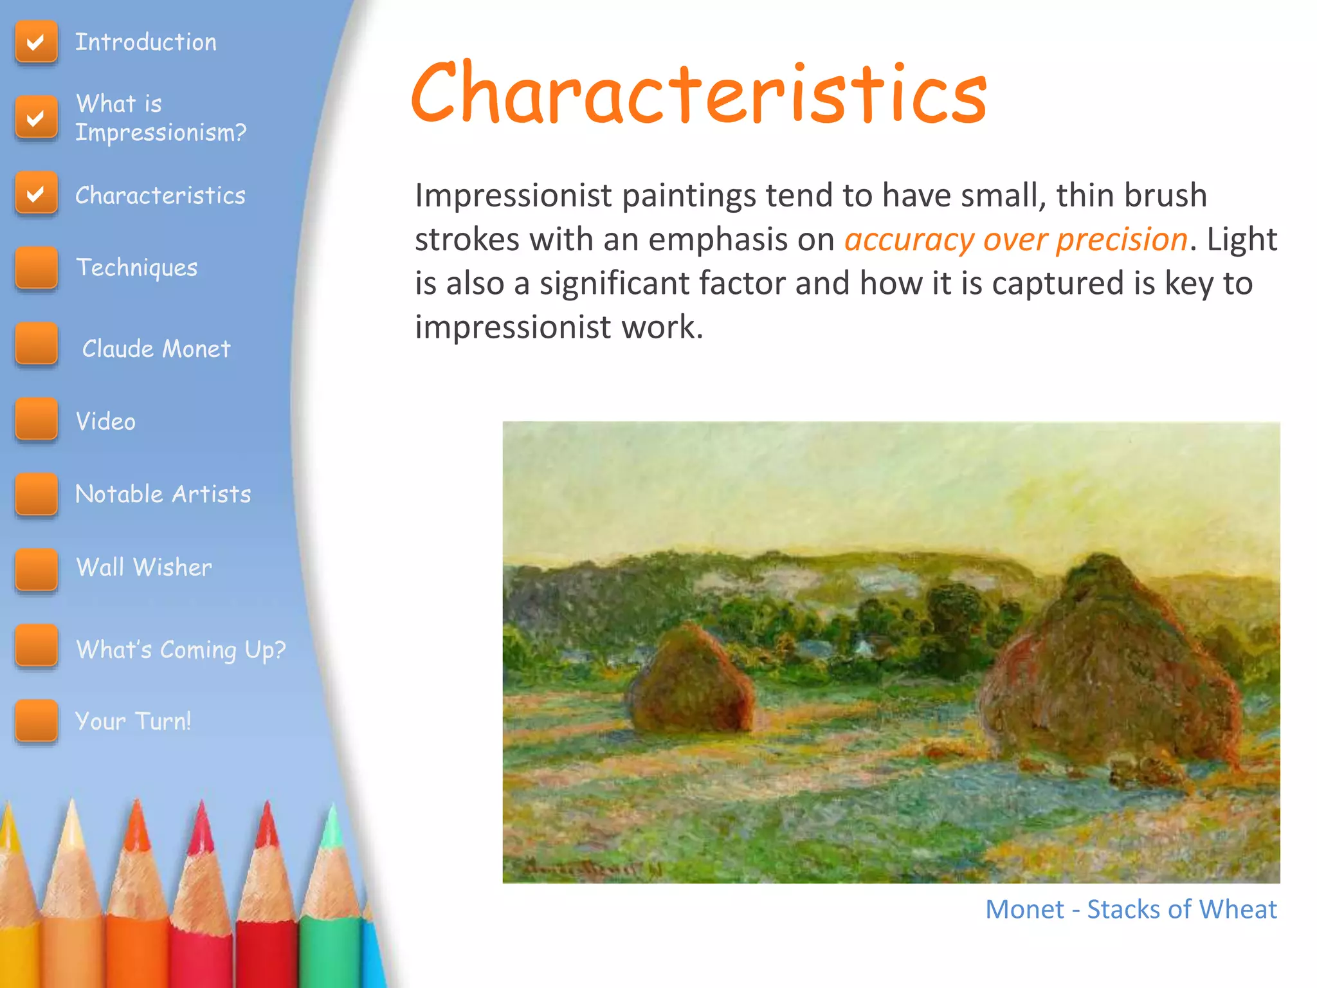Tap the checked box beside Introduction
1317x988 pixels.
pyautogui.click(x=36, y=42)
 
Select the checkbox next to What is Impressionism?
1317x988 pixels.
pyautogui.click(x=36, y=118)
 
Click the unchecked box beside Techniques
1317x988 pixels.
pyautogui.click(x=36, y=268)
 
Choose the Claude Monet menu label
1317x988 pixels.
pyautogui.click(x=156, y=349)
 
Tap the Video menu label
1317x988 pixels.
pyautogui.click(x=106, y=421)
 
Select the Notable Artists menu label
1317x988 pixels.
pyautogui.click(x=163, y=494)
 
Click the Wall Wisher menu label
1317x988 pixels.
pyautogui.click(x=144, y=567)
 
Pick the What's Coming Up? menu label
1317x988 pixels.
pyautogui.click(x=181, y=650)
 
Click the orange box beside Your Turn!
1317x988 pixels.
pyautogui.click(x=36, y=721)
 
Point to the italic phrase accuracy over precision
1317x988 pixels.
pyautogui.click(x=1015, y=240)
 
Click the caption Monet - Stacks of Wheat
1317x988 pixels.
pyautogui.click(x=1131, y=910)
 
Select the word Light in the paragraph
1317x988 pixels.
pyautogui.click(x=1241, y=240)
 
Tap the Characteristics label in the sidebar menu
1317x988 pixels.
pyautogui.click(x=160, y=196)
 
